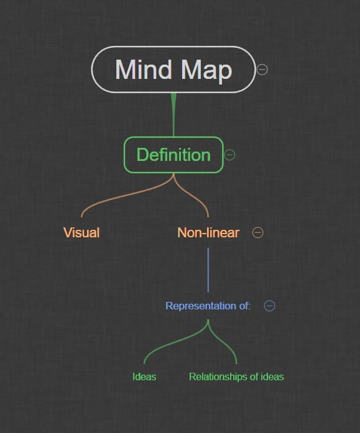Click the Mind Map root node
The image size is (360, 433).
click(x=173, y=70)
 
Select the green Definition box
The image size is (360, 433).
click(x=173, y=155)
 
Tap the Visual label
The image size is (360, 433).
click(x=81, y=232)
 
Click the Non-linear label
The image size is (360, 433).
click(x=208, y=232)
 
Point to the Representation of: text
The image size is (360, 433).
click(x=208, y=306)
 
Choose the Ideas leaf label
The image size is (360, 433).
click(x=144, y=376)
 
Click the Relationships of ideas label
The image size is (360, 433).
click(x=236, y=376)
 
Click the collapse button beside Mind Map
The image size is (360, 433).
click(x=262, y=70)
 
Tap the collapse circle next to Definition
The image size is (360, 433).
click(x=229, y=155)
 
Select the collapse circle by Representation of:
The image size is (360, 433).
click(x=270, y=306)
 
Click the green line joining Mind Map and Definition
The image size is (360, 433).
click(x=173, y=114)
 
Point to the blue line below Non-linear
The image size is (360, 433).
click(x=208, y=270)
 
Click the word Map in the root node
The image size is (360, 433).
click(x=206, y=71)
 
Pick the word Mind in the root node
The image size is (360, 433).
click(x=144, y=69)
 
